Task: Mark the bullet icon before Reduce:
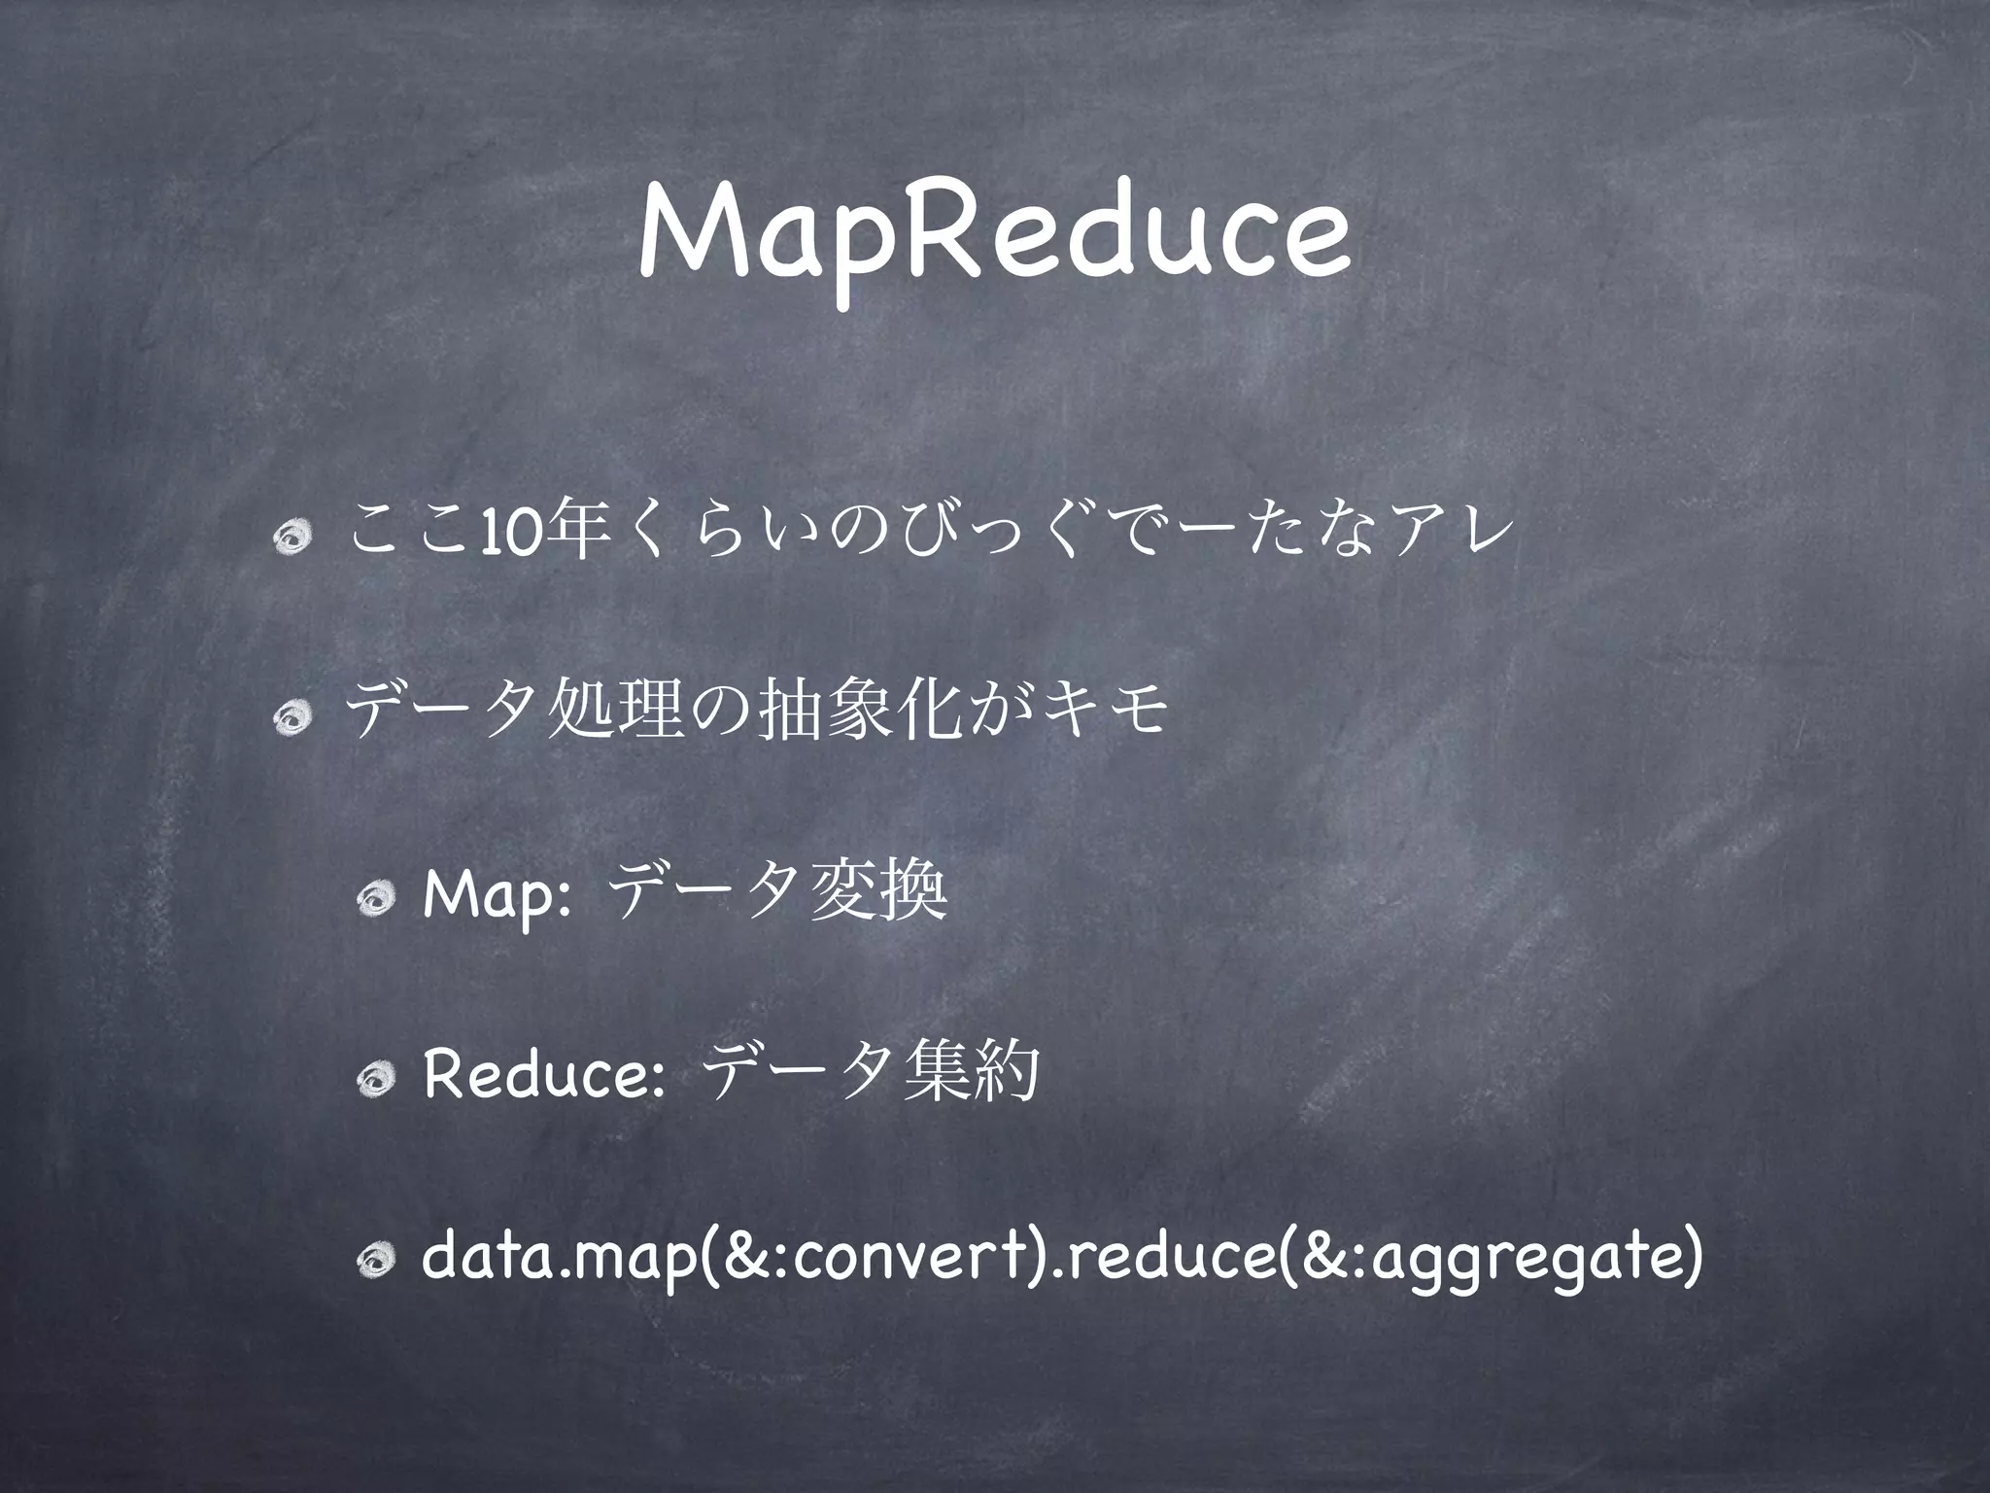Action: pyautogui.click(x=374, y=1078)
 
